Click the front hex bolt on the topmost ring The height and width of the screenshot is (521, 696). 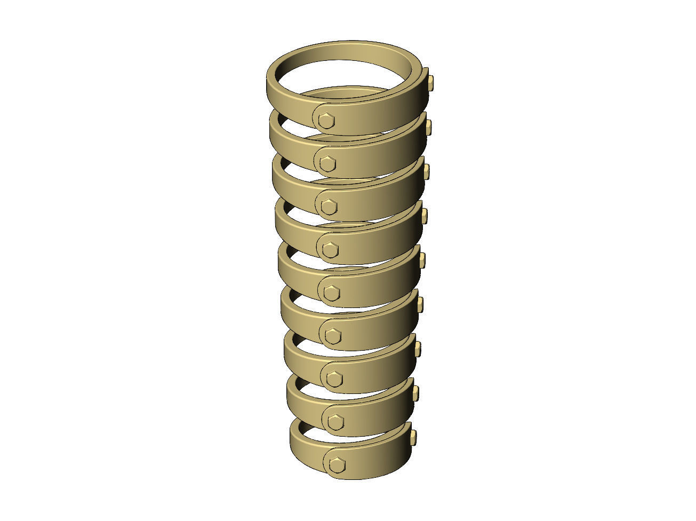click(x=325, y=121)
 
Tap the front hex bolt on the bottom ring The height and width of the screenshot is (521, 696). click(x=336, y=464)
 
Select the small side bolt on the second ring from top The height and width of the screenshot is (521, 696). click(x=428, y=127)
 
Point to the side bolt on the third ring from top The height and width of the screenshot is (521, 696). click(x=426, y=171)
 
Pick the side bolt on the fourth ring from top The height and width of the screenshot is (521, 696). click(x=425, y=216)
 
